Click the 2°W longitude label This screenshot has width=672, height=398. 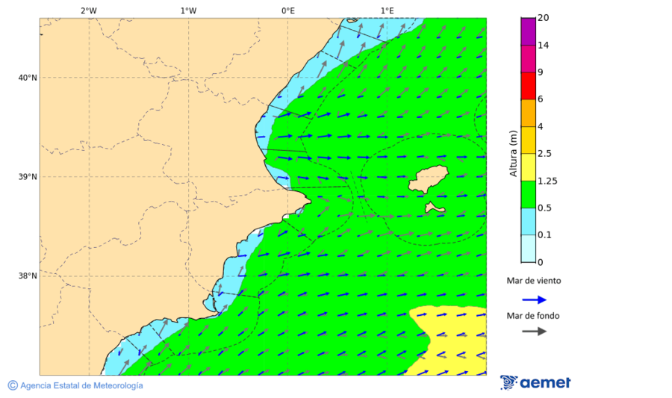88,10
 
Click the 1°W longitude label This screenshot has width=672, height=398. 188,10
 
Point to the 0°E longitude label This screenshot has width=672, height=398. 287,10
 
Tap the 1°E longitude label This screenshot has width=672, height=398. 387,10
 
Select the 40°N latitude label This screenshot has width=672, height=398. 28,78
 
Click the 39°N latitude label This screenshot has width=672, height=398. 28,177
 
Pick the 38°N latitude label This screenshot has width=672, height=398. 28,276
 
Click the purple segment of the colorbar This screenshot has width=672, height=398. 528,31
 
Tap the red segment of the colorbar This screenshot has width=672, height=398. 528,86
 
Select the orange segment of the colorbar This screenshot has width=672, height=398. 528,113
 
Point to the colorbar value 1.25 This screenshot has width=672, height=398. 548,181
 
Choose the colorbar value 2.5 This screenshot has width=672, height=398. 545,154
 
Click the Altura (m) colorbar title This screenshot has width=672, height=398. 513,153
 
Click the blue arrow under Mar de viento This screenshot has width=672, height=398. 534,299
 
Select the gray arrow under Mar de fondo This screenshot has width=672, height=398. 534,332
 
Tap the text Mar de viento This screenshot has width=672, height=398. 533,281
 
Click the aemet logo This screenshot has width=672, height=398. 535,382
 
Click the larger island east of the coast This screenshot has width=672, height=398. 428,178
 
